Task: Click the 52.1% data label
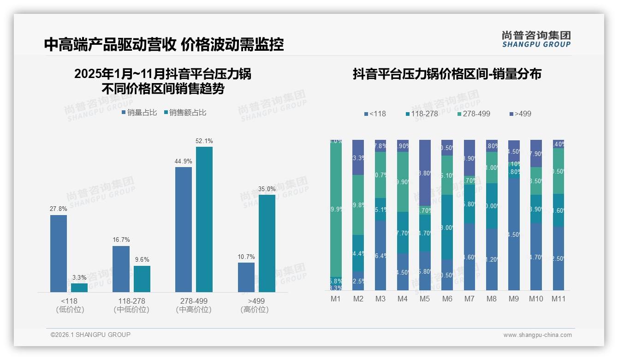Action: pos(204,141)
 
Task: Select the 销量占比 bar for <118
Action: pos(59,253)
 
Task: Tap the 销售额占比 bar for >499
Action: pos(267,243)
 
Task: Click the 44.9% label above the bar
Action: pos(184,162)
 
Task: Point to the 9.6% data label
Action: pos(142,260)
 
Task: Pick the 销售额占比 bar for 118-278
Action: pos(142,279)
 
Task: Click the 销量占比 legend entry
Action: pos(139,113)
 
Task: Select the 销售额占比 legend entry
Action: pos(184,113)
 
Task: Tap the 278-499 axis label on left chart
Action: pos(194,301)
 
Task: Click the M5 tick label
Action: pos(425,299)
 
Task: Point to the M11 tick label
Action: pos(559,299)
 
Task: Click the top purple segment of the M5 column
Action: pos(425,173)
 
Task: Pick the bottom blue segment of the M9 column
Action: pos(514,234)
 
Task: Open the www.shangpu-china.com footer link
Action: pos(537,335)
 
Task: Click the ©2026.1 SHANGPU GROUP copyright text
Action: pos(90,335)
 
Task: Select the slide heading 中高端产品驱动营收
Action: pos(110,44)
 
